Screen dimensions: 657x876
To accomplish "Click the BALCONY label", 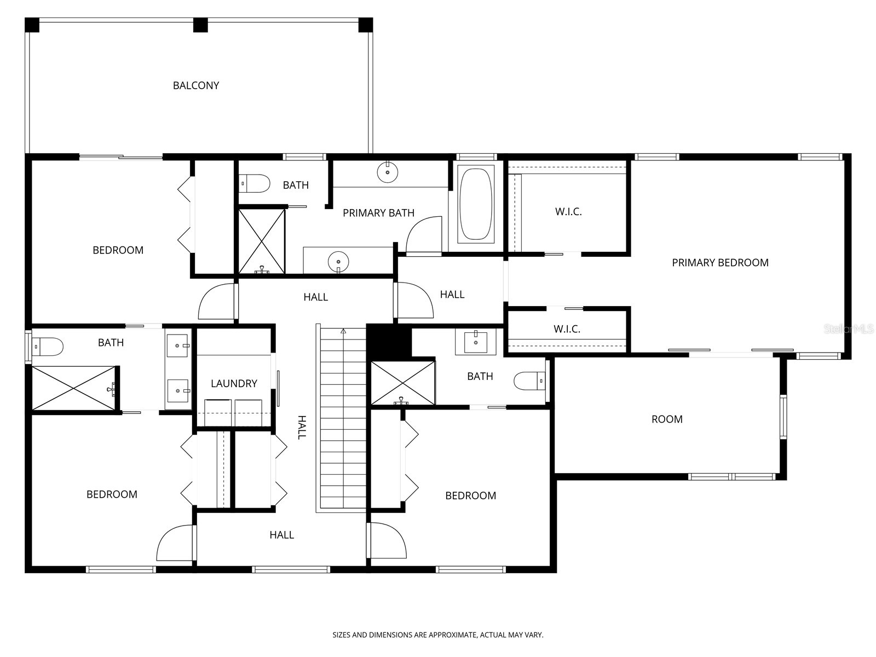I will coord(195,85).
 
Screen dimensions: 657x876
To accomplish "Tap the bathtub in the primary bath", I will coord(476,205).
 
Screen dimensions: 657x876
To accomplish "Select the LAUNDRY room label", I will coord(234,383).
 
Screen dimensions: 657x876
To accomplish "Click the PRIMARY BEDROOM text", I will coord(720,263).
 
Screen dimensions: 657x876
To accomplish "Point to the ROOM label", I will coord(666,419).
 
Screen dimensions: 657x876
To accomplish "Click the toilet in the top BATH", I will coord(256,183).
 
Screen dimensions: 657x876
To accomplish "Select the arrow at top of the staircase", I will coord(343,331).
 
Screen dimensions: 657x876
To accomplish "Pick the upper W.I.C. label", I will coord(568,212).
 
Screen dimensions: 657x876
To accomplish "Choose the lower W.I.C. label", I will coord(567,329).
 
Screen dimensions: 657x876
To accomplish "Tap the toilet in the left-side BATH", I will coord(48,347).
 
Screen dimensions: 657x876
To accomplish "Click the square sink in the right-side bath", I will coord(476,342).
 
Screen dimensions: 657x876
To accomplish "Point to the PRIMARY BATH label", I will coord(378,213).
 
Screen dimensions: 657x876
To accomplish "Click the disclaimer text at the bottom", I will coord(437,635).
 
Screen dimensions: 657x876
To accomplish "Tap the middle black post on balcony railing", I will coord(200,25).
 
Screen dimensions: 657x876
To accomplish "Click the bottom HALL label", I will coord(281,535).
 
